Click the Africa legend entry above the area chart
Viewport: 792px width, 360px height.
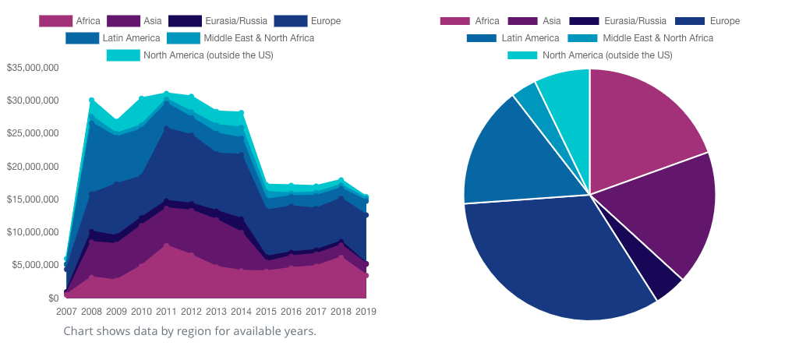point(69,20)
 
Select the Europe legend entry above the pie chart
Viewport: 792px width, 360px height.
point(707,21)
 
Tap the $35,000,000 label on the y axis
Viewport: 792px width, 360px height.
point(33,68)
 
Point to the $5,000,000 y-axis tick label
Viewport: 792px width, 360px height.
point(33,265)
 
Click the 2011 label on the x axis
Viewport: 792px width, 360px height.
point(166,312)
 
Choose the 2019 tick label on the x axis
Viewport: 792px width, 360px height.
point(366,312)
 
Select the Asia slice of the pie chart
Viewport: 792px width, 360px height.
point(670,210)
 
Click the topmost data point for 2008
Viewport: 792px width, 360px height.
point(91,101)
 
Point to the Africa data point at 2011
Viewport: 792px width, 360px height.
point(166,245)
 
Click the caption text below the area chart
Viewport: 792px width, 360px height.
point(189,331)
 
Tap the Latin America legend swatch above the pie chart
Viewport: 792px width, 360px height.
point(481,37)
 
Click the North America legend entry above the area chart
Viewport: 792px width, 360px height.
point(189,55)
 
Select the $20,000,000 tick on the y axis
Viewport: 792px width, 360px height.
point(33,167)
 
